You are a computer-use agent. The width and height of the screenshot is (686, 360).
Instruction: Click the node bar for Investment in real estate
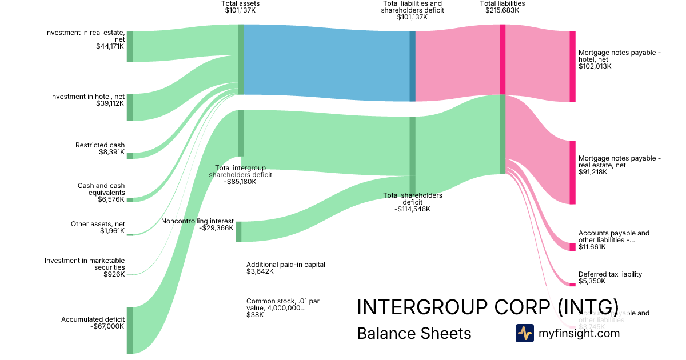[129, 46]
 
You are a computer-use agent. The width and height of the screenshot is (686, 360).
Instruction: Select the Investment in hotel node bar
[129, 107]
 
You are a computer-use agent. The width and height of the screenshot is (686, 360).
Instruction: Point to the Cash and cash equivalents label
[101, 189]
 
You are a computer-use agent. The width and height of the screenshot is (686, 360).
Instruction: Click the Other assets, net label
[98, 224]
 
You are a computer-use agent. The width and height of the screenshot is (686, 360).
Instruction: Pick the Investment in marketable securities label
[85, 264]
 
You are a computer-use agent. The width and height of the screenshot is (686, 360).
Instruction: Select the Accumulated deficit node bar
[129, 330]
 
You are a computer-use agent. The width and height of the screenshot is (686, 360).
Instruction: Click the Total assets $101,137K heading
[240, 7]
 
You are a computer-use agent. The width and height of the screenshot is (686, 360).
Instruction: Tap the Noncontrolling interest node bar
[238, 231]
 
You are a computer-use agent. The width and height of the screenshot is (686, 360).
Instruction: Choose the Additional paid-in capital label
[285, 265]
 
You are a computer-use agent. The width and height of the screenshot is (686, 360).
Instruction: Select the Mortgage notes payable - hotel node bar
[572, 67]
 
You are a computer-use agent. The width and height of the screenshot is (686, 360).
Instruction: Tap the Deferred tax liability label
[610, 274]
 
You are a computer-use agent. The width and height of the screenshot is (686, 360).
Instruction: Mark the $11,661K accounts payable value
[592, 247]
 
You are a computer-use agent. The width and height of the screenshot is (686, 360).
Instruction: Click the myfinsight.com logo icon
[524, 333]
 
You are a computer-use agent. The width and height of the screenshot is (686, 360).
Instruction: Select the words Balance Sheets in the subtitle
[414, 334]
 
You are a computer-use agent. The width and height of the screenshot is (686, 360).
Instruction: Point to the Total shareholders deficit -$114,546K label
[412, 202]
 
